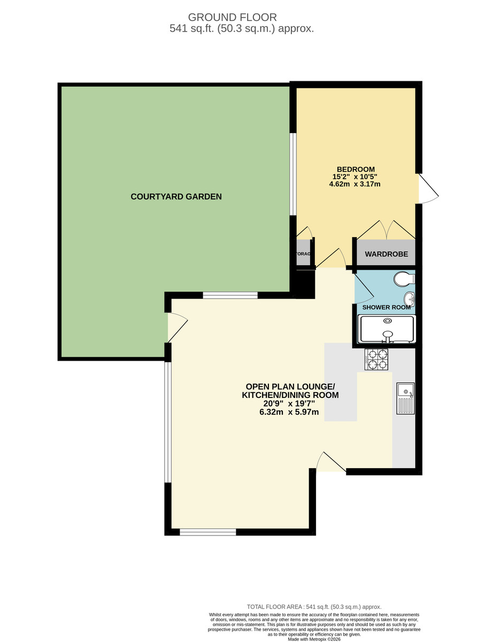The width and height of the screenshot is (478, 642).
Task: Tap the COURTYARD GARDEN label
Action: point(176,197)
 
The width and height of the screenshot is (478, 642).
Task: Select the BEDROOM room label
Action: point(356,170)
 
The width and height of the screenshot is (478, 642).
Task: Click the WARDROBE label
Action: point(386,255)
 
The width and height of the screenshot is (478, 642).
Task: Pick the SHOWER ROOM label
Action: point(386,308)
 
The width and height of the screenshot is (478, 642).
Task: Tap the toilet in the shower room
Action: point(404,279)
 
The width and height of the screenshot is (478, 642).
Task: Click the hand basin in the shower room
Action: point(410,298)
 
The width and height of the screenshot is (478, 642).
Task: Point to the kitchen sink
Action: point(406,399)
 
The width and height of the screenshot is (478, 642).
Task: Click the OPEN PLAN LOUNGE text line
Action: point(290,386)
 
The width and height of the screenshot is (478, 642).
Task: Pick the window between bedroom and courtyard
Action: point(292,174)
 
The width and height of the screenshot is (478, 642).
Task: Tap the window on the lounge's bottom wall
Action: point(207,532)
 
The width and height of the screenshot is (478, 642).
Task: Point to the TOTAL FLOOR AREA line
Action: point(314,607)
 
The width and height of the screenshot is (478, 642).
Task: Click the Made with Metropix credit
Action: point(314,639)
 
